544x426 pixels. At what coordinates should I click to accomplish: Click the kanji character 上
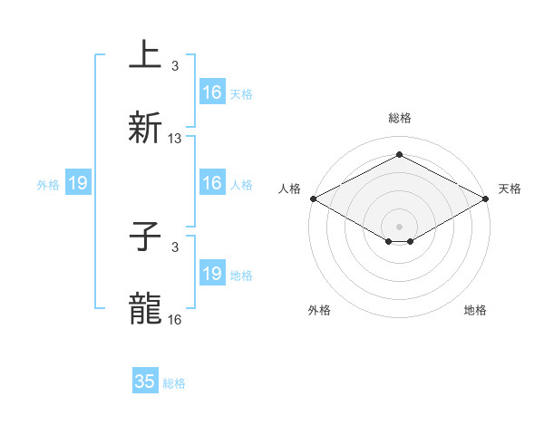click(x=145, y=54)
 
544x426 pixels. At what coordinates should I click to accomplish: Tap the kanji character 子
click(x=145, y=237)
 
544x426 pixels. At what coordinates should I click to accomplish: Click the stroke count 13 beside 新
click(x=175, y=139)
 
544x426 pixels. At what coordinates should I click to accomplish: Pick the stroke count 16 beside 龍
click(x=175, y=320)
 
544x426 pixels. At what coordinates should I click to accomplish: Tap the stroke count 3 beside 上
click(x=175, y=65)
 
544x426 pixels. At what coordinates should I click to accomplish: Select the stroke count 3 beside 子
click(x=175, y=247)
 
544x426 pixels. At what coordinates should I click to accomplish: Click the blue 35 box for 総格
click(x=145, y=382)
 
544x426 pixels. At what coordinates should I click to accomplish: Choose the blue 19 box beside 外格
click(x=78, y=184)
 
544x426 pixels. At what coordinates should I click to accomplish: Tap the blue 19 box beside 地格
click(x=212, y=274)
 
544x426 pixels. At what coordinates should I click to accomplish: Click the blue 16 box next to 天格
click(x=212, y=92)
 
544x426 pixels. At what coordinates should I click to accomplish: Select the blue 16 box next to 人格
click(x=212, y=184)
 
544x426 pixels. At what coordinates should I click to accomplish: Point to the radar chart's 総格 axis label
click(x=399, y=119)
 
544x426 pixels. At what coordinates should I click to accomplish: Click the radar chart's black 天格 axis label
click(x=510, y=189)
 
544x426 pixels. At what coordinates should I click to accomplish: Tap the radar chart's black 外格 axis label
click(x=319, y=310)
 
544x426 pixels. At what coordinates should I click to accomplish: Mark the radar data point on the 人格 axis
click(x=313, y=198)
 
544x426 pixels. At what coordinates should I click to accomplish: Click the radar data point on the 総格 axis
click(x=399, y=154)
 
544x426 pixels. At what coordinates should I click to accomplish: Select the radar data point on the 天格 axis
click(x=486, y=198)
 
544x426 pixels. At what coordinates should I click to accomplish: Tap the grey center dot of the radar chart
click(x=399, y=226)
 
